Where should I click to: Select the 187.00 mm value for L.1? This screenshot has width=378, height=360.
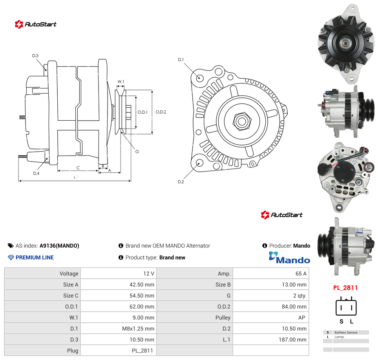coord(292,340)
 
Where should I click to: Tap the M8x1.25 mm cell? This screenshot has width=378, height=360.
coord(138,329)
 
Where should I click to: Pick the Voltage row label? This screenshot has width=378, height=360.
coord(69,274)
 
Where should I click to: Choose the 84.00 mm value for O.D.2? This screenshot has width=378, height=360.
coord(294,307)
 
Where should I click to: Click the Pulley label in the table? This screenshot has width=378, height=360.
coord(223,318)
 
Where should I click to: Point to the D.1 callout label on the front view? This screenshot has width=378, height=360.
coord(181,60)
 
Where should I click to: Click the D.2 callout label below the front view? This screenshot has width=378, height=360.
coord(181,182)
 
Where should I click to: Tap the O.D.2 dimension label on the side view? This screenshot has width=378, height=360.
coord(161,112)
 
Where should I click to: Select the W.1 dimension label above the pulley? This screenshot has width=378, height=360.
coord(121,82)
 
